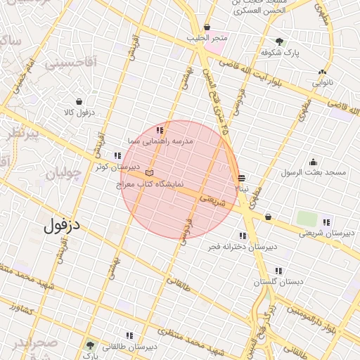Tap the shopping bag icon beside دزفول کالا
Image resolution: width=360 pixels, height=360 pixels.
pos(78,102)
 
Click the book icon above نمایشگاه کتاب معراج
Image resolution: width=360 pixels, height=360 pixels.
pos(148,172)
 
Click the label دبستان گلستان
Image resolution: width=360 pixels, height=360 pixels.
pos(280,281)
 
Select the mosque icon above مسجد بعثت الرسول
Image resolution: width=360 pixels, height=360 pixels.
pos(313,162)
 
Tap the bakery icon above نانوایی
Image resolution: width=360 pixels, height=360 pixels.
pos(323,72)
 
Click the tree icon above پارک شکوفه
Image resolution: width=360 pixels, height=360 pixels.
pos(280,41)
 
